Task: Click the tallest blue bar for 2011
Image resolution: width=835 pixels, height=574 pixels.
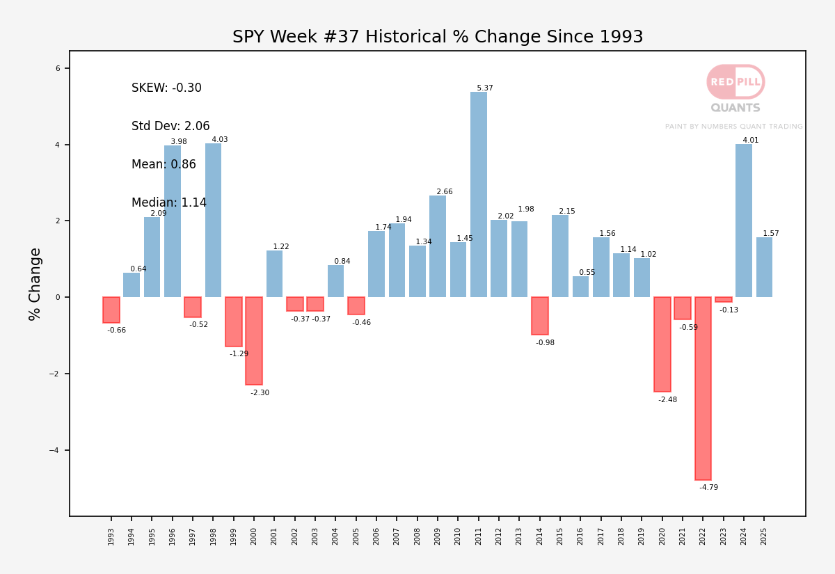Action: point(479,194)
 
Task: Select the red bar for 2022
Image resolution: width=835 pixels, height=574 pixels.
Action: point(703,388)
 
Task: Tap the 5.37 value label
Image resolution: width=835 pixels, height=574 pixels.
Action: point(485,88)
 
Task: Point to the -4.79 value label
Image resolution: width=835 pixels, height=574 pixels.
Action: point(708,487)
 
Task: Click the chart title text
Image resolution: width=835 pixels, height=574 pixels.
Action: point(438,36)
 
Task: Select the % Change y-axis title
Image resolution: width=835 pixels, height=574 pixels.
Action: point(34,284)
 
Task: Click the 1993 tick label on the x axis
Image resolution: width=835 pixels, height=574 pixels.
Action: point(111,536)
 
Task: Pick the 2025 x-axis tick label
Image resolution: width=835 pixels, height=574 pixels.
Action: point(764,536)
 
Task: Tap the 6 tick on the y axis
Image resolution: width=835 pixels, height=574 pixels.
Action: point(58,68)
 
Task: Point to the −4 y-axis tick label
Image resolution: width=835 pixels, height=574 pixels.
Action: point(54,450)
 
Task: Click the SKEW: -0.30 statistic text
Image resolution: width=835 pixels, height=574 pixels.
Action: point(166,88)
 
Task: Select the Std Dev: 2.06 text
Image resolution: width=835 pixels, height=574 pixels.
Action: point(170,126)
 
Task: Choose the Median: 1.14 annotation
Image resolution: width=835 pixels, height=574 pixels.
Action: point(169,202)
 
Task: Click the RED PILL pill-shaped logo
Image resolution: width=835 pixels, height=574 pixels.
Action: point(735,81)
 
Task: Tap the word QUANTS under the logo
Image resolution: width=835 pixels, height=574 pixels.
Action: point(735,108)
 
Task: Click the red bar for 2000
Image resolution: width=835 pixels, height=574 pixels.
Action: point(254,341)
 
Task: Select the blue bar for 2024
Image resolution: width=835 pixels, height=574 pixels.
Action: point(744,221)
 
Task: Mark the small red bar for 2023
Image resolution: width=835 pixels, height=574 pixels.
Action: point(724,300)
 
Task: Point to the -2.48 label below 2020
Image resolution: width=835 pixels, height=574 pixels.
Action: point(667,399)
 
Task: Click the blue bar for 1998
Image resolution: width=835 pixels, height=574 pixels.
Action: point(213,221)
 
